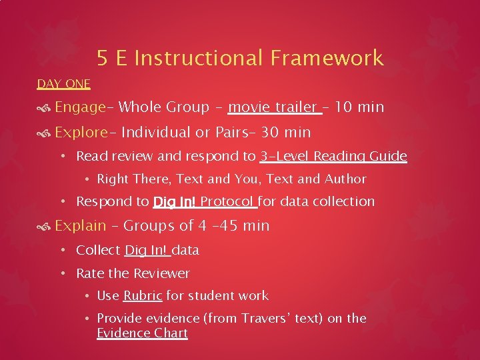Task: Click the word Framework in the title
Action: pos(327,59)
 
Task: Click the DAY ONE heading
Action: pos(63,84)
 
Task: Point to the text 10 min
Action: pos(360,107)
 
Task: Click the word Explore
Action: pos(81,132)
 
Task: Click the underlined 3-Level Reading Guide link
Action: pos(333,157)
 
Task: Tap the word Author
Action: pos(346,179)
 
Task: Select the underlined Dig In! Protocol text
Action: pos(204,201)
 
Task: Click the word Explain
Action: pos(81,226)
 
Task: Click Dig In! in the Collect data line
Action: pos(146,251)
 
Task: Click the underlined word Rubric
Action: pos(142,295)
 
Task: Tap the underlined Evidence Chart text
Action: pos(142,333)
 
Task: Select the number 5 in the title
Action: pos(102,59)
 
